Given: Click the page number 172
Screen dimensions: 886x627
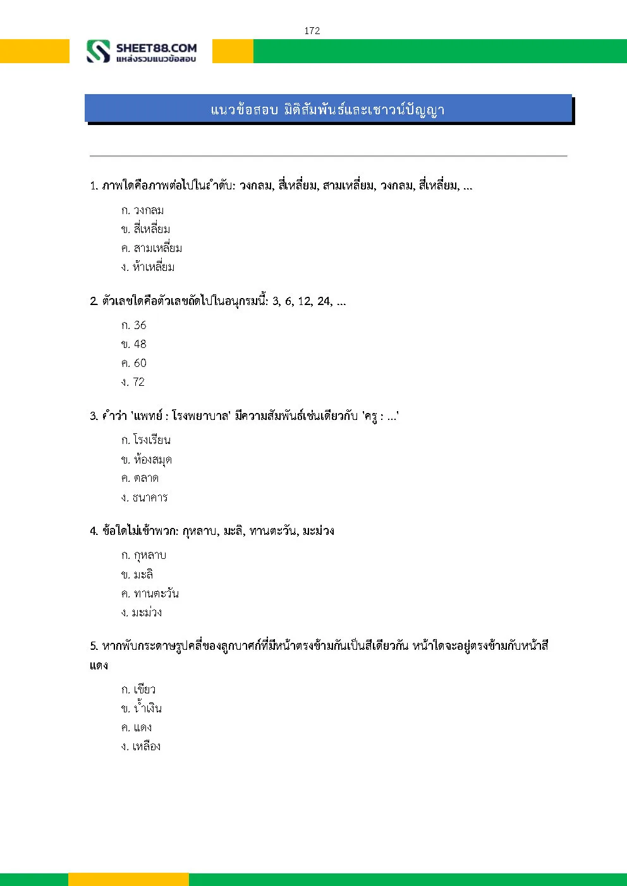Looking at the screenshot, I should [x=312, y=31].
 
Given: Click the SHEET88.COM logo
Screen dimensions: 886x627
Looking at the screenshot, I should [x=142, y=51].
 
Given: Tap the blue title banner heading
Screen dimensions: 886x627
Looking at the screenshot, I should [x=327, y=109].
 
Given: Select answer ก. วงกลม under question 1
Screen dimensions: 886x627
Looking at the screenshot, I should [x=143, y=210].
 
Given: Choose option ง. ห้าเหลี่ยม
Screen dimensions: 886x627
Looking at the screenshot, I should [x=148, y=267].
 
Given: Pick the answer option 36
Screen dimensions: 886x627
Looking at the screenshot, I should [x=134, y=325].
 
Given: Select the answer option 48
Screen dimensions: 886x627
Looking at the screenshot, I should [x=134, y=344].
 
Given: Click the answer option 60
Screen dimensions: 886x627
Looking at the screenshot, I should [x=134, y=363].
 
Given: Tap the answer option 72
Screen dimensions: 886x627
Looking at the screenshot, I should [x=133, y=382].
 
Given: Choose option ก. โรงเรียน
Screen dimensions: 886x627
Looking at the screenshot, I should [x=146, y=440].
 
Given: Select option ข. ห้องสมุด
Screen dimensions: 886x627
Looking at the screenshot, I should [x=147, y=459].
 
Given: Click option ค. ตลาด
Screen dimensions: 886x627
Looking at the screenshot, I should [x=140, y=478].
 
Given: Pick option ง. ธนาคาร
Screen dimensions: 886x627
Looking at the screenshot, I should [x=145, y=498].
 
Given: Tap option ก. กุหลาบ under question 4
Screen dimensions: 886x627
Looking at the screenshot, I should [x=144, y=555].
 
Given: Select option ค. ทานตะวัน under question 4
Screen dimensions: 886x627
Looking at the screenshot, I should [x=150, y=593].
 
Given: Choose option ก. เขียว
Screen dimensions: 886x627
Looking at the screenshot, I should [x=138, y=690].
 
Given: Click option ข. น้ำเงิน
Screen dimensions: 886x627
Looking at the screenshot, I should [x=142, y=709].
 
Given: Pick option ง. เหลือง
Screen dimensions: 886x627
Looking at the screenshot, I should [x=141, y=746].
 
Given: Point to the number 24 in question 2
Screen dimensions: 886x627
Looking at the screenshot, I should [x=324, y=301].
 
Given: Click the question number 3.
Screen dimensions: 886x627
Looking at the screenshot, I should [x=94, y=416].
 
